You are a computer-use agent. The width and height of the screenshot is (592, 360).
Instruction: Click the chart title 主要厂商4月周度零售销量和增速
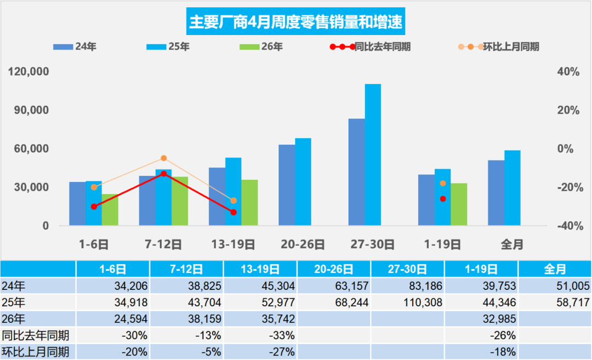(295, 22)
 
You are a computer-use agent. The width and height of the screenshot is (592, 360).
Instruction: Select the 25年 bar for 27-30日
(373, 155)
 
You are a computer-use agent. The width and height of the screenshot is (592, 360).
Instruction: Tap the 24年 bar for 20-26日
(287, 185)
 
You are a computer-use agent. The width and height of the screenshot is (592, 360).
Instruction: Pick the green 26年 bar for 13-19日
(249, 203)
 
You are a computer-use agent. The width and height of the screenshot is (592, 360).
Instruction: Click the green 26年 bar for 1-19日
(459, 204)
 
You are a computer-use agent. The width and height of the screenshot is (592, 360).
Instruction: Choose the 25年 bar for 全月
(512, 188)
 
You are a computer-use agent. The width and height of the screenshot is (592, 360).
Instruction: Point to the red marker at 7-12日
(164, 174)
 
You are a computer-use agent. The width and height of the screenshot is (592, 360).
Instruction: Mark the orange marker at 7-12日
(164, 158)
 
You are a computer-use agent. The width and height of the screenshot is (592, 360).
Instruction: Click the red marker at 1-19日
(443, 199)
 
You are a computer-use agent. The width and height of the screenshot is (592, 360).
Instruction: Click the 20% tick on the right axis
(568, 110)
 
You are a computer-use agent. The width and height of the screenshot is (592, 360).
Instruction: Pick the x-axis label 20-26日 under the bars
(303, 244)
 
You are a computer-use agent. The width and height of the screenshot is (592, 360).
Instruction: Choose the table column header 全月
(555, 269)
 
